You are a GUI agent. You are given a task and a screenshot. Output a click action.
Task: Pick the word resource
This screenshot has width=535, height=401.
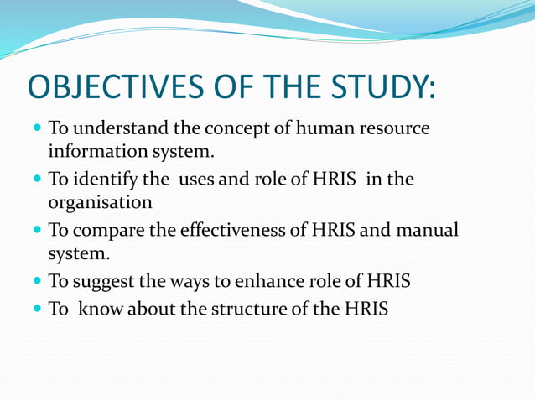[392, 129]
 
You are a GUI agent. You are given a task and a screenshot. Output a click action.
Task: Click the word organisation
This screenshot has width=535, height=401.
[100, 203]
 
